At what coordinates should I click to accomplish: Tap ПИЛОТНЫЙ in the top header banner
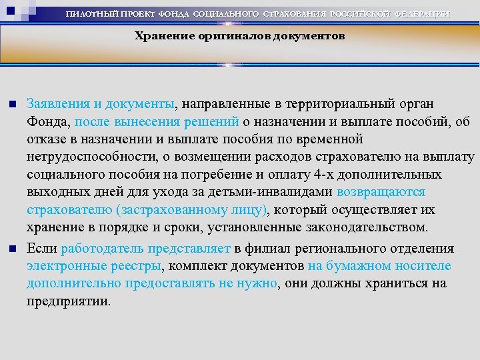tap(93, 14)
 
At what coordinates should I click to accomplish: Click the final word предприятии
tap(67, 301)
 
